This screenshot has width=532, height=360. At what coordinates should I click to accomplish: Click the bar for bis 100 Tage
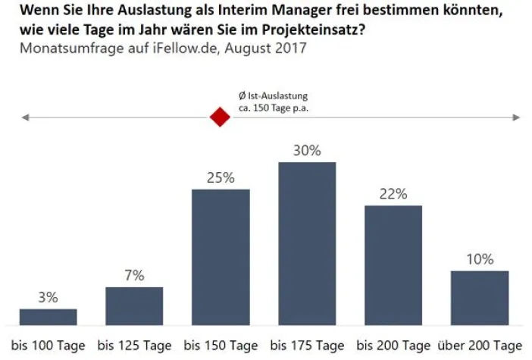[x=48, y=317]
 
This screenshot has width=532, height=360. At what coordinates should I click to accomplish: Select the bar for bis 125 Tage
[x=134, y=306]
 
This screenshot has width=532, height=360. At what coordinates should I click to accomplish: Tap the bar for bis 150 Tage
[x=221, y=257]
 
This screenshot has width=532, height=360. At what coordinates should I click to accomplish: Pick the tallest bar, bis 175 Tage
[x=307, y=243]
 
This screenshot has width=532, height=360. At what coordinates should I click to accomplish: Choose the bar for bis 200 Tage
[x=393, y=265]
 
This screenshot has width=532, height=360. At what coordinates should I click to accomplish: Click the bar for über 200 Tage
[x=480, y=298]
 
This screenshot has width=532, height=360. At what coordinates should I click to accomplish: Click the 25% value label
[x=221, y=178]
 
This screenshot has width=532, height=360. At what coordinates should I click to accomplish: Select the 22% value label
[x=393, y=194]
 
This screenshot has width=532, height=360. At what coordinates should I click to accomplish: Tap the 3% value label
[x=48, y=298]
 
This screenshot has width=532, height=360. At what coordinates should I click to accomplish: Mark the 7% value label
[x=134, y=276]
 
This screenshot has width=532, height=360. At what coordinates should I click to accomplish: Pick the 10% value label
[x=480, y=259]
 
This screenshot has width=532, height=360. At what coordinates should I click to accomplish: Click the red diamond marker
[x=220, y=117]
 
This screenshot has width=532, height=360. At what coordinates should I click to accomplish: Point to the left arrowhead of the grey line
[x=26, y=117]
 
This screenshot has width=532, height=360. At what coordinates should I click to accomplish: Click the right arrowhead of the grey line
[x=517, y=117]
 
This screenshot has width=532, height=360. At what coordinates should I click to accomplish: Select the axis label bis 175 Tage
[x=307, y=346]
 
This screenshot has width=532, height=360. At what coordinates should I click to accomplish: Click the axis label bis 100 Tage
[x=48, y=346]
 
